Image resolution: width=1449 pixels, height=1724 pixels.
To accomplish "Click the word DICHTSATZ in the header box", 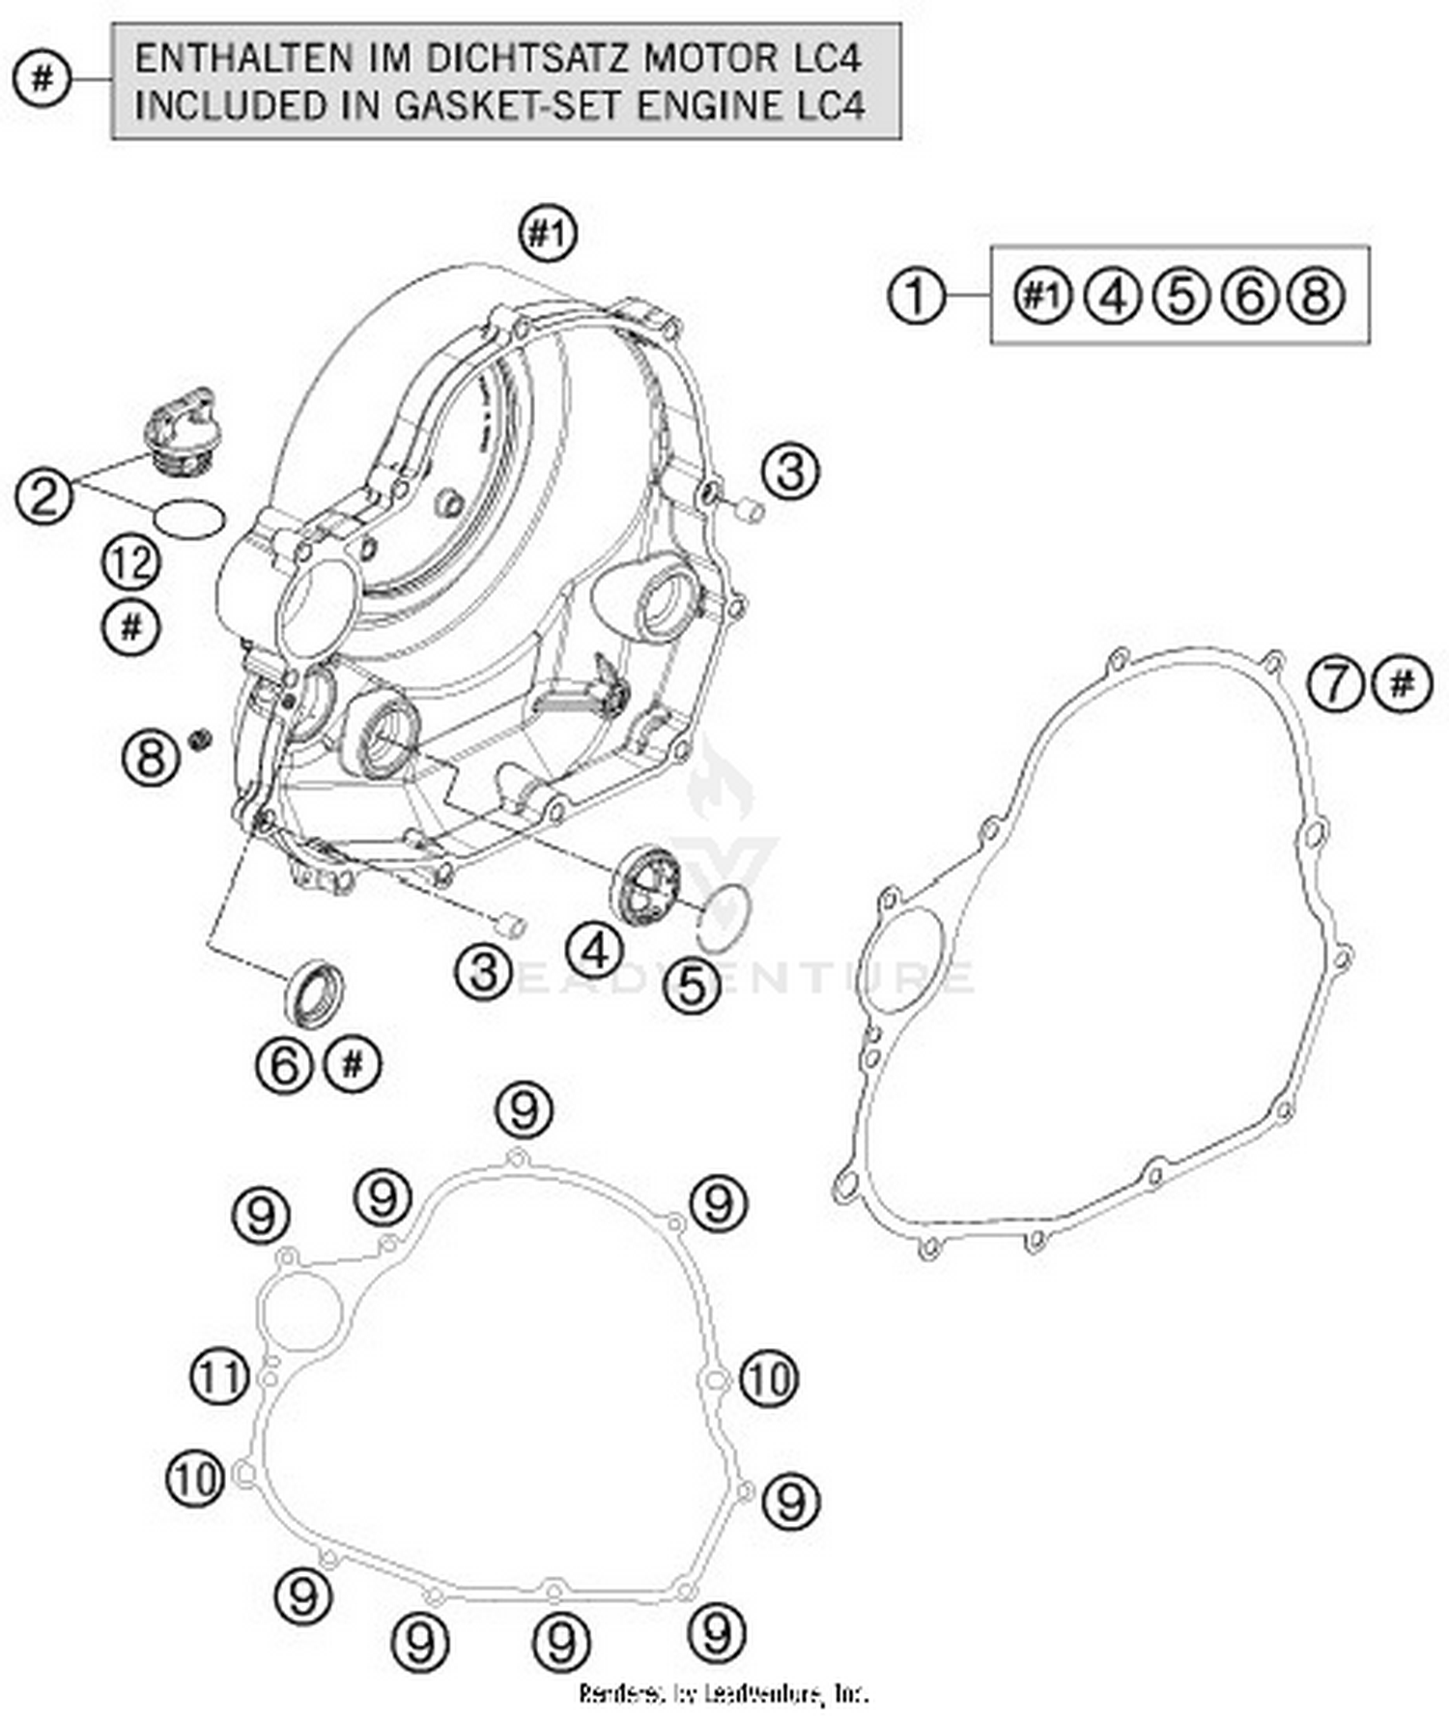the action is pyautogui.click(x=526, y=59).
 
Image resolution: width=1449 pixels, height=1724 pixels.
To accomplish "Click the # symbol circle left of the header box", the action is pyautogui.click(x=43, y=78).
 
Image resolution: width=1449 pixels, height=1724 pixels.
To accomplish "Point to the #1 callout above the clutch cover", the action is pyautogui.click(x=549, y=234).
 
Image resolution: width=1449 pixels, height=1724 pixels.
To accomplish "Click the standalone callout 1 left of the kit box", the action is pyautogui.click(x=916, y=296).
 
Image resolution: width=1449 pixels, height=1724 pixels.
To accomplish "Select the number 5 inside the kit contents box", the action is pyautogui.click(x=1180, y=296).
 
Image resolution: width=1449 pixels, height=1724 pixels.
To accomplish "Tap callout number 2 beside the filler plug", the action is pyautogui.click(x=44, y=498).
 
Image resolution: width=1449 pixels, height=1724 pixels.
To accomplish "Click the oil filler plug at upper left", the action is pyautogui.click(x=180, y=430).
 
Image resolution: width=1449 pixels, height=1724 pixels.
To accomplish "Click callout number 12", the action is pyautogui.click(x=132, y=563).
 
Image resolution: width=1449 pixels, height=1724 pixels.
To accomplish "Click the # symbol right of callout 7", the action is pyautogui.click(x=1402, y=684).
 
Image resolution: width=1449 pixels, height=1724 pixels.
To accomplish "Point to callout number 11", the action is pyautogui.click(x=219, y=1377).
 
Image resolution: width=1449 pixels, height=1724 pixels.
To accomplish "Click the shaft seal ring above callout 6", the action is pyautogui.click(x=313, y=991).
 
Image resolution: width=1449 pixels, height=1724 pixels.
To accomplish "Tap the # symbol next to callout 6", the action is pyautogui.click(x=353, y=1064).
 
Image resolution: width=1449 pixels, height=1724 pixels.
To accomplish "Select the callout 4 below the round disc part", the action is pyautogui.click(x=594, y=951).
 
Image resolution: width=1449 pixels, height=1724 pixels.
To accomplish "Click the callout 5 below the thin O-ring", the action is pyautogui.click(x=692, y=986).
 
